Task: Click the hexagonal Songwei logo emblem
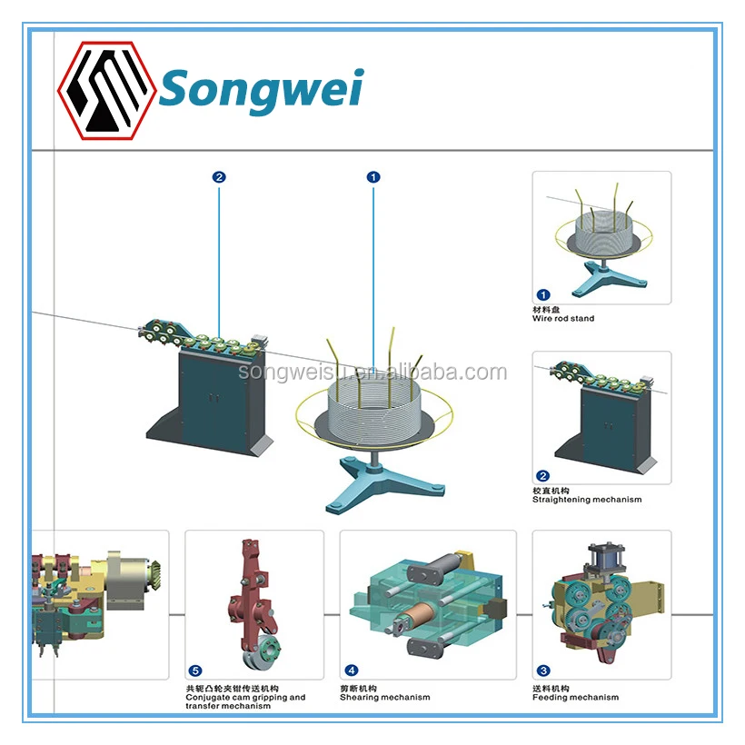(x=105, y=90)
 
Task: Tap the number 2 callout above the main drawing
(x=218, y=177)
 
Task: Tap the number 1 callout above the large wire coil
(x=372, y=177)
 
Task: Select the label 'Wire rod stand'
(x=563, y=319)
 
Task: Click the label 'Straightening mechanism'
(x=586, y=500)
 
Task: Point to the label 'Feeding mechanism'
(x=575, y=698)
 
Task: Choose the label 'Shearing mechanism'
(x=384, y=698)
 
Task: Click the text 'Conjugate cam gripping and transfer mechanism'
(x=245, y=701)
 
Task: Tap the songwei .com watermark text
(x=372, y=372)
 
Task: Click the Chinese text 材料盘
(x=547, y=310)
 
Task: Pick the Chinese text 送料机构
(x=551, y=688)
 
